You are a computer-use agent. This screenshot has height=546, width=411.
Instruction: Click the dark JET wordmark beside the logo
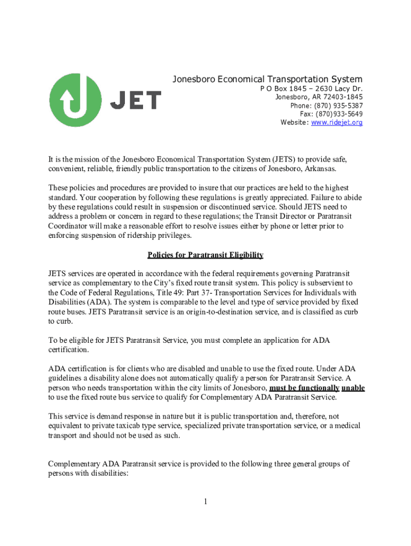136,100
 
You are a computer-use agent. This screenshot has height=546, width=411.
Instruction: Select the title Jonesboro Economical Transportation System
267,79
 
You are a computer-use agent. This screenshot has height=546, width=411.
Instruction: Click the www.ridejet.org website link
337,123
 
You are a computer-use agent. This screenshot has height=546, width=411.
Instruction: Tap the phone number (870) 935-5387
337,106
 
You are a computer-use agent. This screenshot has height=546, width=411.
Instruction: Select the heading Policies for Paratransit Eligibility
205,255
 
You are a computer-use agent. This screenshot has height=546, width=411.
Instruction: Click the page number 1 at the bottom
205,502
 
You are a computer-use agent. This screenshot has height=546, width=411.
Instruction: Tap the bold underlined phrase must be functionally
305,388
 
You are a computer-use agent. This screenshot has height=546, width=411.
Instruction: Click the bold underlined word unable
353,388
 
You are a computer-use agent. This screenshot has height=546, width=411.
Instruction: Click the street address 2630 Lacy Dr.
339,89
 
